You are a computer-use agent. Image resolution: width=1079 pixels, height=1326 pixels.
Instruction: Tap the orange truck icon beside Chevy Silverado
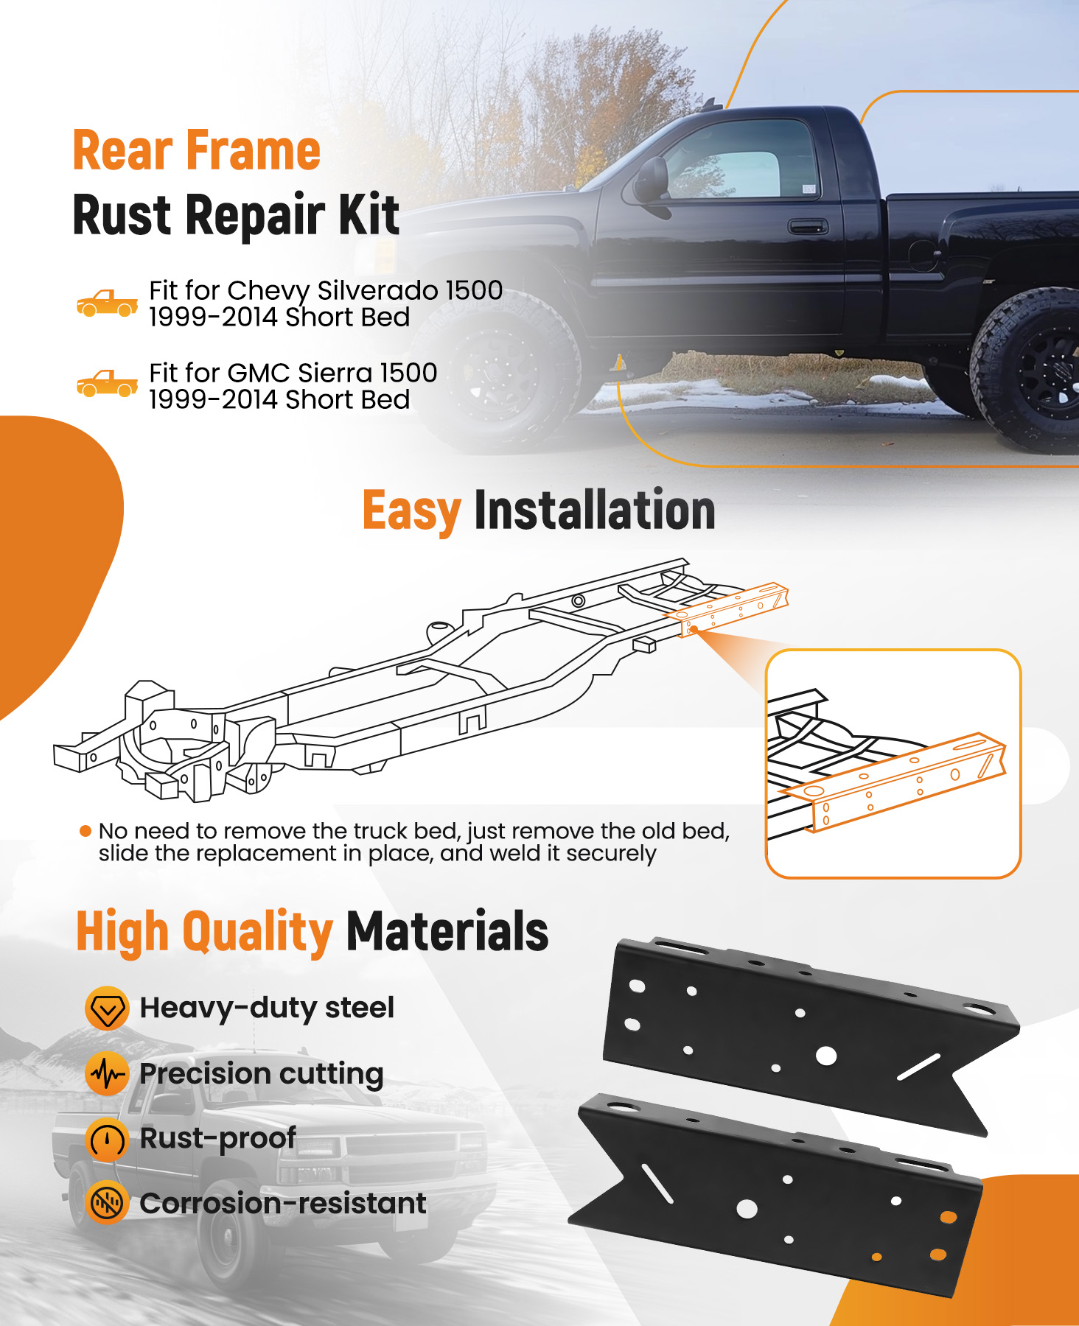[108, 303]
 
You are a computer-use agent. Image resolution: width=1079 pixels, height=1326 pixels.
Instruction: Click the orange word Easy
[412, 511]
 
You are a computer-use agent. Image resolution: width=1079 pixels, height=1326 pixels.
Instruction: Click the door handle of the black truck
[807, 226]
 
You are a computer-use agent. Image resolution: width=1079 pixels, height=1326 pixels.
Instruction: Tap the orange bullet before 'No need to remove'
[85, 831]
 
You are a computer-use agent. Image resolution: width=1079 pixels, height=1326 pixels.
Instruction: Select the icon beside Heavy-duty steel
[108, 1008]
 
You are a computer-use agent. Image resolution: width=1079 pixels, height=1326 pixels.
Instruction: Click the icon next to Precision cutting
[108, 1074]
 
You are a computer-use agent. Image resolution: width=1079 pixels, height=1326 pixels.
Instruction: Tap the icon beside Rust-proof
[108, 1140]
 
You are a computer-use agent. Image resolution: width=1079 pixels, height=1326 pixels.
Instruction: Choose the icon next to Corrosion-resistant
[108, 1204]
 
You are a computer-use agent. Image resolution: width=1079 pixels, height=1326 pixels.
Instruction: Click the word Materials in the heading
[447, 931]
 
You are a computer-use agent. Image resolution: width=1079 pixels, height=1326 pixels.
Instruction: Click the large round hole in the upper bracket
[826, 1056]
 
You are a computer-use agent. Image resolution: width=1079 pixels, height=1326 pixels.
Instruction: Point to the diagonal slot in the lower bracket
[657, 1183]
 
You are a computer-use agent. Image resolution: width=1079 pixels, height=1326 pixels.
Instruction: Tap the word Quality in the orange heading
[257, 933]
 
